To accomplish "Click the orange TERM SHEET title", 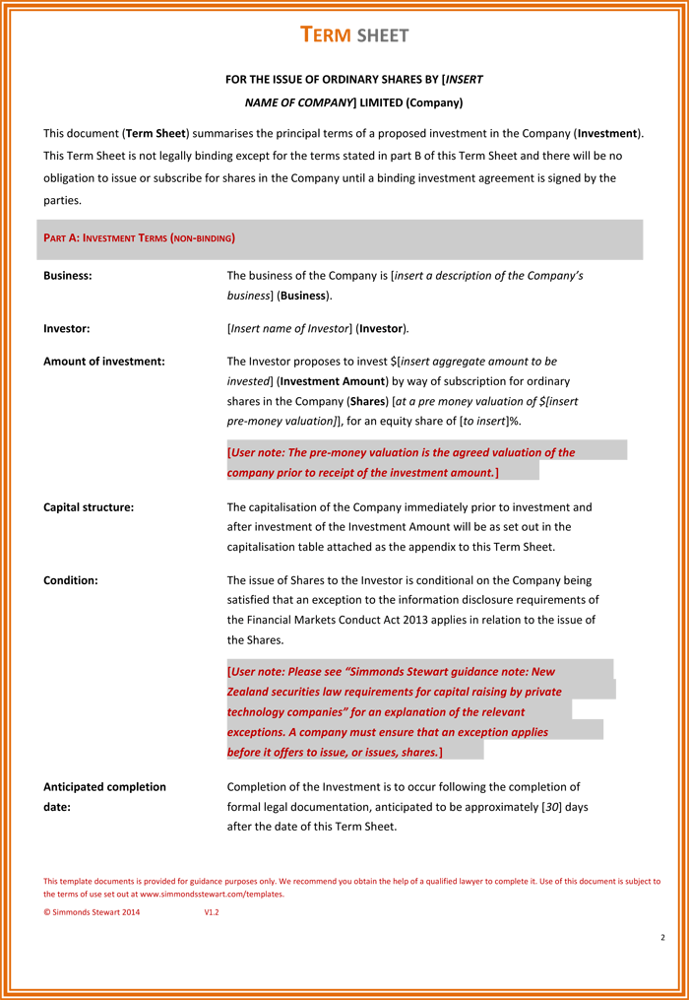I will click(354, 35).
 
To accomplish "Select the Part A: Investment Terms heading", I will click(139, 238).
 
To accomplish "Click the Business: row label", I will click(68, 276).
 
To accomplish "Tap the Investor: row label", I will click(67, 328).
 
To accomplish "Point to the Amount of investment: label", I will click(104, 362).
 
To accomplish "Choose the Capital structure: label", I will click(89, 507).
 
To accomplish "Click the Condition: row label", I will click(71, 580).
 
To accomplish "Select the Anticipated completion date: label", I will click(104, 796).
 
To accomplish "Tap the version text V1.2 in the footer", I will click(212, 912).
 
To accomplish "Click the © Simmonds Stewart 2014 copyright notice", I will click(92, 912).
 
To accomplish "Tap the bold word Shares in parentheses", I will click(368, 401).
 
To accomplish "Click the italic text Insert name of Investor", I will click(290, 328).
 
